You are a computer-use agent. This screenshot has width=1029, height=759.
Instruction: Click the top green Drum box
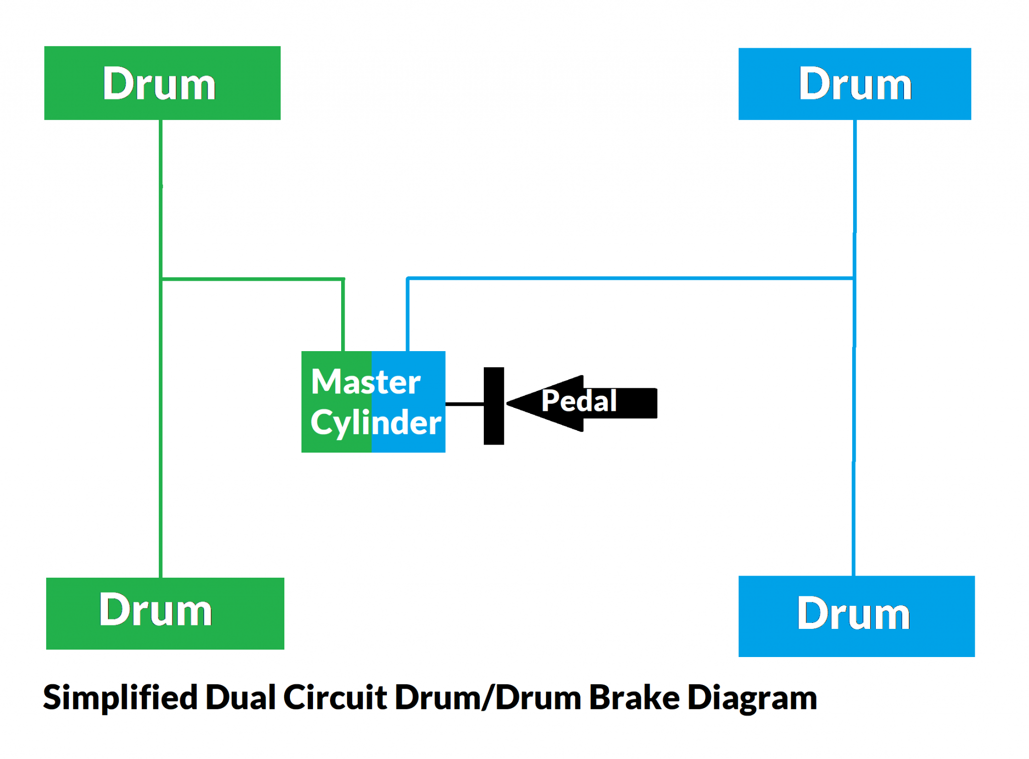(162, 83)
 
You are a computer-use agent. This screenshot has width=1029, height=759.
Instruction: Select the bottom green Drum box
(165, 613)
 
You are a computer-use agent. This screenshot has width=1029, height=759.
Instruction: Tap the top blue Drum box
(854, 84)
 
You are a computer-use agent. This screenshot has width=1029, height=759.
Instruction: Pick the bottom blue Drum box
(856, 616)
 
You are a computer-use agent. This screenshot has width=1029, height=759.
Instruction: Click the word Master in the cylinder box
(365, 382)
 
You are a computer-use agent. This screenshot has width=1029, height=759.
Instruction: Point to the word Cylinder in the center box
(375, 423)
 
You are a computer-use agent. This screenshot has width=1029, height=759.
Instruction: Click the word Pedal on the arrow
(579, 401)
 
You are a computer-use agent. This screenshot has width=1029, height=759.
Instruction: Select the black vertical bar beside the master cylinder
(493, 406)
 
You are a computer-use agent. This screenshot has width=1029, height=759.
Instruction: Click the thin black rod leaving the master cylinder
(464, 404)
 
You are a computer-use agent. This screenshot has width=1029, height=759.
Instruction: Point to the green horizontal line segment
(251, 278)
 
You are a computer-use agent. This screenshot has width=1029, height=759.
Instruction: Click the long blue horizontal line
(628, 278)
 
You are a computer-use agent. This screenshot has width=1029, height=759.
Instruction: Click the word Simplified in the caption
(120, 697)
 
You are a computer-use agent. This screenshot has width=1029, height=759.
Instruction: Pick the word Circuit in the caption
(335, 697)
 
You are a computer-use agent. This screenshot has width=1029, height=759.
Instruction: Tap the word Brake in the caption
(634, 697)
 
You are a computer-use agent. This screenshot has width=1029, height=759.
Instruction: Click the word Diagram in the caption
(752, 698)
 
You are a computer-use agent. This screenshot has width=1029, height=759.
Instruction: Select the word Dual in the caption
(241, 697)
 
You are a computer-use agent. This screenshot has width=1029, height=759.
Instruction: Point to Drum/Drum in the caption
(488, 697)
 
